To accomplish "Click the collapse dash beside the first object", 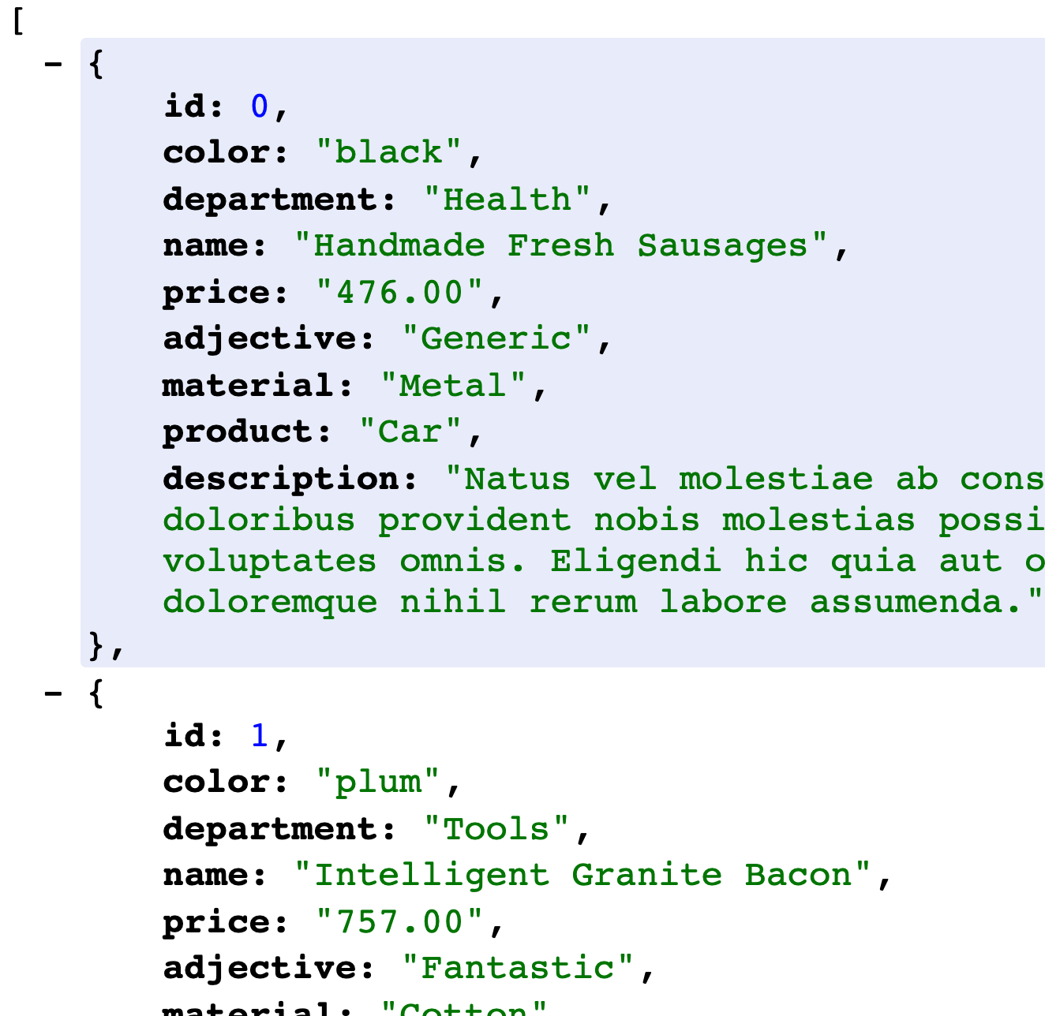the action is point(54,63).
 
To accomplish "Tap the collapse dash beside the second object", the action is point(54,693).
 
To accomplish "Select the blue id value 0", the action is point(260,106).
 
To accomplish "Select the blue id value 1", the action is point(260,736).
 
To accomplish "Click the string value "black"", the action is point(388,152).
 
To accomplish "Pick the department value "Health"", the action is point(507,200).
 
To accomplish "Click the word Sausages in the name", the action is point(722,245).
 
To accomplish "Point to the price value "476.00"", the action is point(399,293).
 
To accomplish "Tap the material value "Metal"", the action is point(452,386).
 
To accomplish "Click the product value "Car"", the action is point(410,431).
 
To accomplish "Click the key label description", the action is point(289,479).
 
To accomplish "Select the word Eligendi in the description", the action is point(635,561).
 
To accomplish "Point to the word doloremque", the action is point(270,602).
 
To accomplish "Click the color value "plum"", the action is point(377,783).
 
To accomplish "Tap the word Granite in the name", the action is point(646,875).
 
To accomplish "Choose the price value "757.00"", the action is point(399,922).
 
